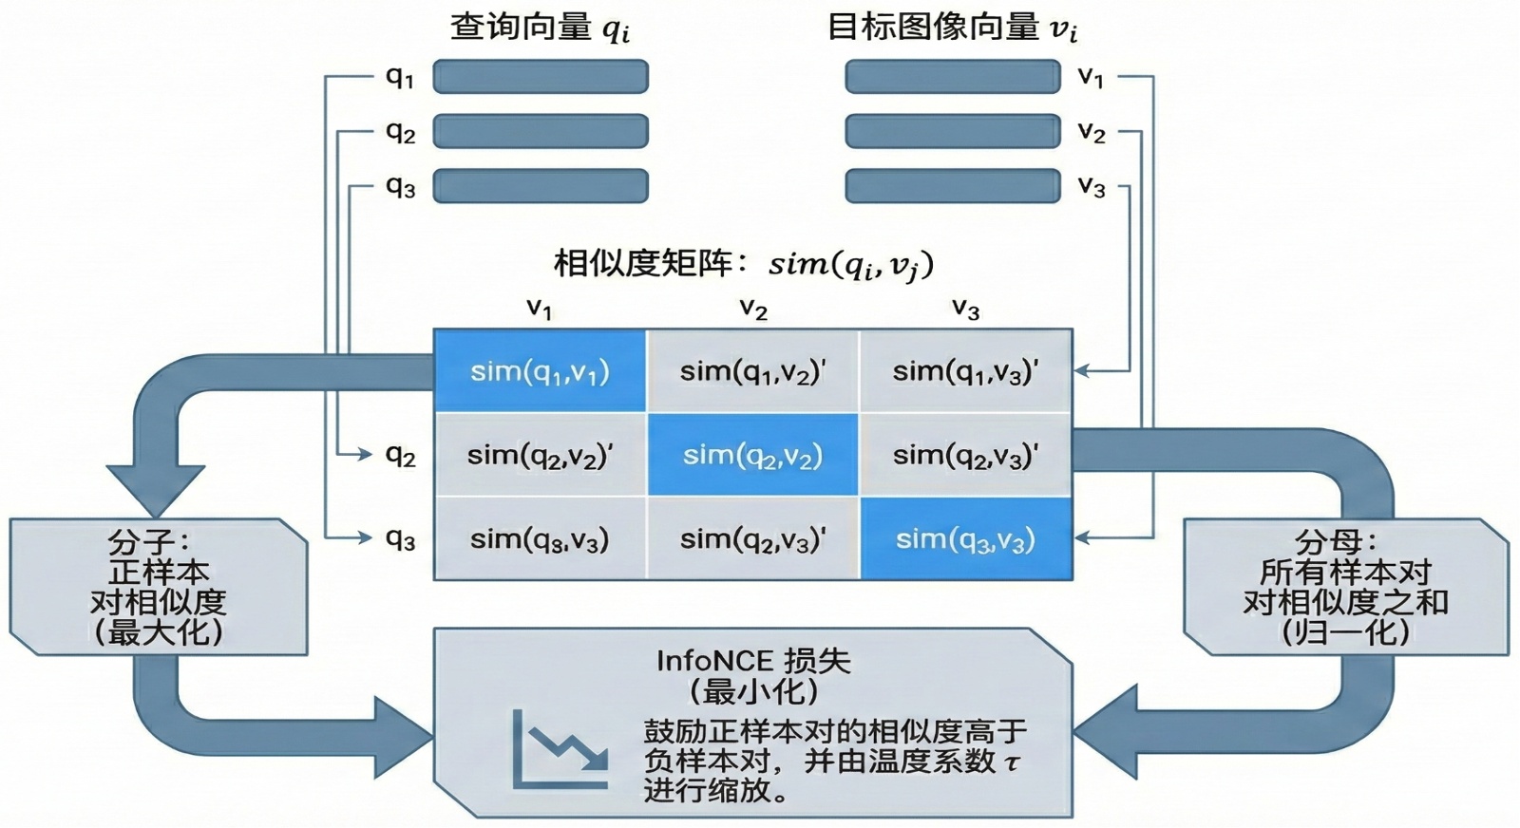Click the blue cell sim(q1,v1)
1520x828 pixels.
tap(540, 371)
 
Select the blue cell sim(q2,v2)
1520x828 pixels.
tap(752, 455)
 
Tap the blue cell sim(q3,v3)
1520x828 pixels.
tap(965, 539)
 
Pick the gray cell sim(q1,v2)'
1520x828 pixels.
tap(752, 371)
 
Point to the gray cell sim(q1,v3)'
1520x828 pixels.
tap(965, 371)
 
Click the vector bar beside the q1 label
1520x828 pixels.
tap(541, 77)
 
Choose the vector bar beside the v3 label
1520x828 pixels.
tap(953, 186)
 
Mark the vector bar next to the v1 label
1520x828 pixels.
tap(953, 77)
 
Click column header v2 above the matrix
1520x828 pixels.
tap(753, 309)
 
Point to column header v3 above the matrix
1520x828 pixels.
tap(965, 309)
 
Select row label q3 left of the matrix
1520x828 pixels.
tap(401, 538)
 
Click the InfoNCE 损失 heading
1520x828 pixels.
tap(753, 661)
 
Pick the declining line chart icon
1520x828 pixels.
tap(560, 749)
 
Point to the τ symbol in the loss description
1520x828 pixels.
tap(1013, 762)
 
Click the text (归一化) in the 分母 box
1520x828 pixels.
tap(1345, 631)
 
